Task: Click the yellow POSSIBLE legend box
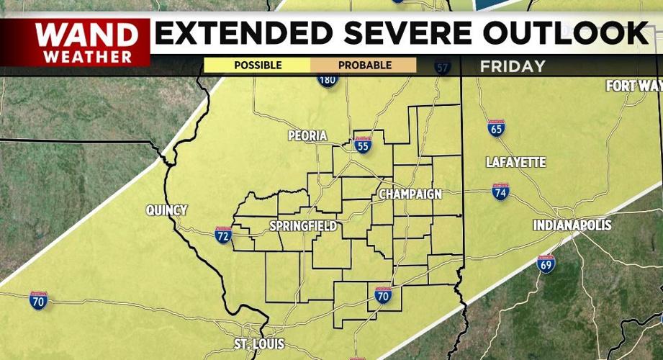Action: coord(257,66)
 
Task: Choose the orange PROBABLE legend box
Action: coord(364,66)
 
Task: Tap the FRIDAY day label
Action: coord(513,66)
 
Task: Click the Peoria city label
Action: coord(307,135)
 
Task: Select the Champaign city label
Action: coord(410,194)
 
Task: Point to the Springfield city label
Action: coord(302,226)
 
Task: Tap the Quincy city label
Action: coord(166,210)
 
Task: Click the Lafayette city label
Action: coord(515,162)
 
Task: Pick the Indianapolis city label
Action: coord(572,225)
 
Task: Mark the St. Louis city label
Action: coord(259,343)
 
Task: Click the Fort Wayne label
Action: coord(633,86)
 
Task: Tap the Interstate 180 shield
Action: coord(328,78)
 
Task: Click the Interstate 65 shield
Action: coord(496,128)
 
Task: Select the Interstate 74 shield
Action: coord(501,192)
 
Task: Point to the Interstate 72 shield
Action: coord(223,235)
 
